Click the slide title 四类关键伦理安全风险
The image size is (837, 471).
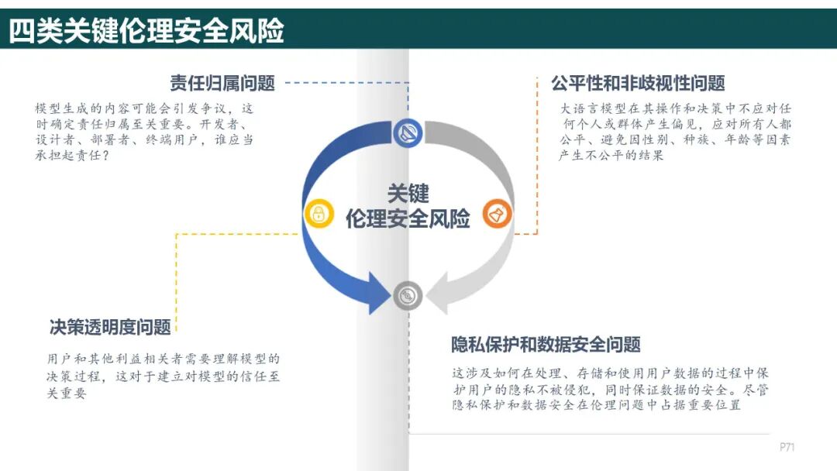146,30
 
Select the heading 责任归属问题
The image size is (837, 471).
222,83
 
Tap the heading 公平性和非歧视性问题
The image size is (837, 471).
638,83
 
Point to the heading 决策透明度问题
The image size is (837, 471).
110,327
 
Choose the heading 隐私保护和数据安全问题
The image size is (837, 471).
546,344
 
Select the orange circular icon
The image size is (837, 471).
497,214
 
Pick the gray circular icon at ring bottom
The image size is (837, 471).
408,295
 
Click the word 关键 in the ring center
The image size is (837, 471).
408,193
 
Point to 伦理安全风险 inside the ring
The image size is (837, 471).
408,218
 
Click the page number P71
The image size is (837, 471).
787,447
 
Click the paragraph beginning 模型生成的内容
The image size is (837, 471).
144,132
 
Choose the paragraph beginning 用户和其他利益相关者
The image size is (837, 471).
163,376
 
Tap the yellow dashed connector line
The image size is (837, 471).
177,271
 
